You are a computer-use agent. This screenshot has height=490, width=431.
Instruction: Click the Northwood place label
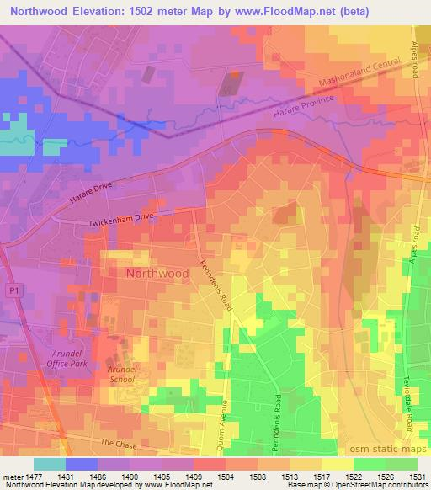pyautogui.click(x=157, y=274)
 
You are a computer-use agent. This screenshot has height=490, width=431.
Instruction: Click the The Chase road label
pyautogui.click(x=117, y=443)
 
